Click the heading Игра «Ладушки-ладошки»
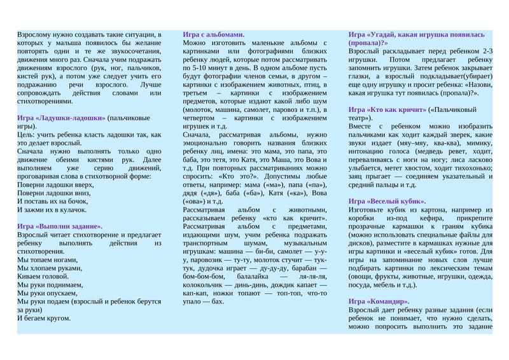tap(61, 118)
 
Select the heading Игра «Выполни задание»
tap(60, 226)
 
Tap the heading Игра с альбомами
tap(214, 34)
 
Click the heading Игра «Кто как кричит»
tap(387, 109)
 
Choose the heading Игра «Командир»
tap(379, 301)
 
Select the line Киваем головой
tap(43, 276)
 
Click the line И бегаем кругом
tap(44, 318)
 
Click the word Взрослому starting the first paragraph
tap(36, 34)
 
